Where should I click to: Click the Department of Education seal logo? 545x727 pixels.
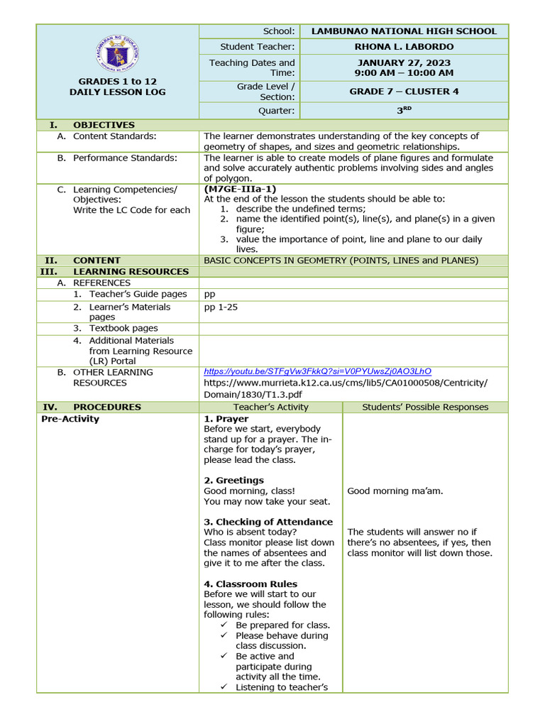coord(117,54)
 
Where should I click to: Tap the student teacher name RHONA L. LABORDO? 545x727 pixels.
coord(404,47)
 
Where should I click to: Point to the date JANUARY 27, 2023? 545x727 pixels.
coord(404,62)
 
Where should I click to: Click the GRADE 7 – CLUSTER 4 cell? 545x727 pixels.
coord(404,92)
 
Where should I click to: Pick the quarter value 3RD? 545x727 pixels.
coord(404,110)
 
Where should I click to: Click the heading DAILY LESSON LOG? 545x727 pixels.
coord(117,92)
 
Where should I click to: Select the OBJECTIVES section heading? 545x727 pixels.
coord(104,125)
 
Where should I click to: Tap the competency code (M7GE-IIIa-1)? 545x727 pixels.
coord(240,189)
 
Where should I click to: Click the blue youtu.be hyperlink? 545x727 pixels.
coord(317,371)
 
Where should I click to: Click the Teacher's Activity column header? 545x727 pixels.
coord(270,407)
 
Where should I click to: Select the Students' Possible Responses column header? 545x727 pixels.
coord(425,407)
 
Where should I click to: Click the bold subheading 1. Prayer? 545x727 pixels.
coord(226,419)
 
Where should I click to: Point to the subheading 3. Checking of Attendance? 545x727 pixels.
coord(268,522)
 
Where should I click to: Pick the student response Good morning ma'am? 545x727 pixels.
coord(395,491)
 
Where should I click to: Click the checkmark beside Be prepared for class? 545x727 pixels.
coord(224,625)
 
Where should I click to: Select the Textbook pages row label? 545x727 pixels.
coord(123,328)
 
